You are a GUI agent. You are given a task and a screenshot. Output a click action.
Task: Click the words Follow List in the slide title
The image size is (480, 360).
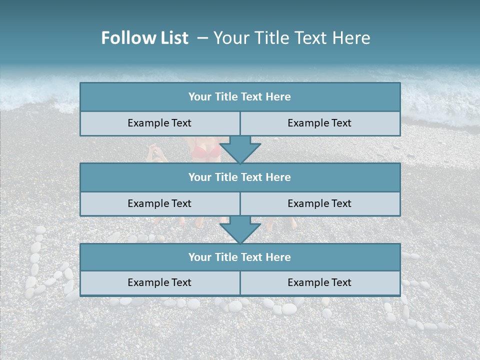(x=144, y=38)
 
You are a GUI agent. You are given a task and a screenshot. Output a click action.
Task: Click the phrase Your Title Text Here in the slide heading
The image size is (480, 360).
(x=291, y=38)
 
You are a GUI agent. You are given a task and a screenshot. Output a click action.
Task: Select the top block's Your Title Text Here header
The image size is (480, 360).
(x=239, y=97)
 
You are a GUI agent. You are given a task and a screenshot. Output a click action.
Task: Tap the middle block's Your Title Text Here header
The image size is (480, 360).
(x=239, y=177)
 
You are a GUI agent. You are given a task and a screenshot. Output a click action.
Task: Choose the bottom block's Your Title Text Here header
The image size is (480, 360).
(x=239, y=257)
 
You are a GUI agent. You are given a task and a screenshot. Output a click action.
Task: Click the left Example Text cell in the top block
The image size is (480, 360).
(x=159, y=123)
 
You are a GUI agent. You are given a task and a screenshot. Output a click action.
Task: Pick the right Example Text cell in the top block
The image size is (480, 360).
(x=319, y=123)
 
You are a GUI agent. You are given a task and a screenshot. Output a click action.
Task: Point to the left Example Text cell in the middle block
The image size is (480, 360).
(x=159, y=203)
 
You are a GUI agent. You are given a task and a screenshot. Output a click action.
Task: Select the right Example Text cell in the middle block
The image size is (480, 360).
(x=319, y=203)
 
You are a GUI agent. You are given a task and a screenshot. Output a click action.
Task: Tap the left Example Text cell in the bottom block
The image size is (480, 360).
(x=159, y=282)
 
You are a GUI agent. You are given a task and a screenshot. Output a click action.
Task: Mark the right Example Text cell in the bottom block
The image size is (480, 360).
(x=319, y=282)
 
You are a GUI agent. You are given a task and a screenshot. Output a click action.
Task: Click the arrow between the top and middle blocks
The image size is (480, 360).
(x=240, y=149)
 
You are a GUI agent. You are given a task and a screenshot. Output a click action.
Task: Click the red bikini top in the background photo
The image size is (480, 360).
(x=206, y=151)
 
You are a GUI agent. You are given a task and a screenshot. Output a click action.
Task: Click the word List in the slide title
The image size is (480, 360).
(x=172, y=38)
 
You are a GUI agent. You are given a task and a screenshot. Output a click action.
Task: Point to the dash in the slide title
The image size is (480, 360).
(x=202, y=38)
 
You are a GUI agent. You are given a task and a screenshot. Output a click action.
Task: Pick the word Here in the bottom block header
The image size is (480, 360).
(x=278, y=257)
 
